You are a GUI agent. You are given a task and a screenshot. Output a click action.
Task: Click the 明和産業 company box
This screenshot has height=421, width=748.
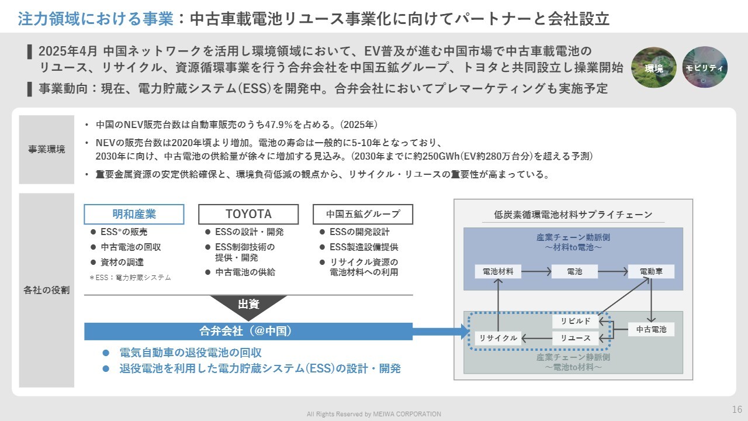click(134, 214)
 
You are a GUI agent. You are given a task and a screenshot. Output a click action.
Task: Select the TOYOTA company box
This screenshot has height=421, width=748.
click(248, 214)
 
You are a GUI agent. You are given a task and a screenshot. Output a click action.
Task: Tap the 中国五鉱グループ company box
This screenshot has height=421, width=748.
click(363, 214)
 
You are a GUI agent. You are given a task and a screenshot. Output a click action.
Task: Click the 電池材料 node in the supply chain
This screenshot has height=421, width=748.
click(498, 271)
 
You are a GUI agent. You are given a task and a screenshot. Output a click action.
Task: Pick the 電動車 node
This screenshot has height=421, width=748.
click(651, 271)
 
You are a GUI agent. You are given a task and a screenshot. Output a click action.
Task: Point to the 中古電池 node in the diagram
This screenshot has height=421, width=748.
click(651, 330)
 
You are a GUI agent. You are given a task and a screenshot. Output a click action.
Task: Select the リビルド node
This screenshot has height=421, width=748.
click(576, 321)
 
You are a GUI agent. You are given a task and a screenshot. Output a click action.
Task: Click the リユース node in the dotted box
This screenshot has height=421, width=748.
click(576, 338)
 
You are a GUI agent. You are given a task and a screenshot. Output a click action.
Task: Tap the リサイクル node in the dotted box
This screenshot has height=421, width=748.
click(498, 338)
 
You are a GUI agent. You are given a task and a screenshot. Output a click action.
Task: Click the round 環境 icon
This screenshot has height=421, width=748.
click(654, 67)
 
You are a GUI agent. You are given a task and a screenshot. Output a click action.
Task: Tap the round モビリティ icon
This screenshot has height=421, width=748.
click(705, 67)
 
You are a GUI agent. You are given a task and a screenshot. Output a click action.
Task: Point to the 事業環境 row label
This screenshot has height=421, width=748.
click(47, 149)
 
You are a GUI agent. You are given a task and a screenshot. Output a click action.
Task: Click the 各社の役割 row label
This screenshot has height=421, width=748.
click(47, 290)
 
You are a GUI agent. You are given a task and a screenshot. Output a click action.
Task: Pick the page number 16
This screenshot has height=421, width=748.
click(737, 409)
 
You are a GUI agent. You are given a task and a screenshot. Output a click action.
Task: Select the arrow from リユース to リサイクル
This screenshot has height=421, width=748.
click(536, 338)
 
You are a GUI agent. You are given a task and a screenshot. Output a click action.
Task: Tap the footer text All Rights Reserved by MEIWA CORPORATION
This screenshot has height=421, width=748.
click(374, 414)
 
